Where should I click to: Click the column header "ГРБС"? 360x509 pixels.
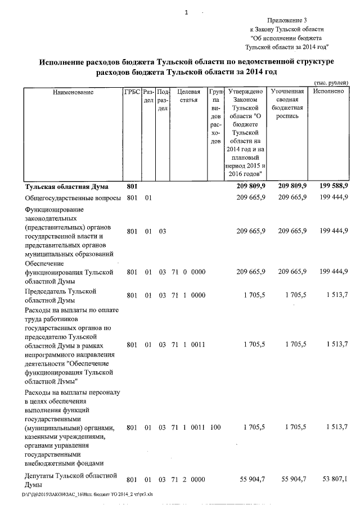point(132,91)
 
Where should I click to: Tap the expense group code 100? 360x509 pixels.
point(215,427)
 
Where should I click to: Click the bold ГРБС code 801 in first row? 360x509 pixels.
point(132,186)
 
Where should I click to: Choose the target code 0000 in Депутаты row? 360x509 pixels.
point(198,479)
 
